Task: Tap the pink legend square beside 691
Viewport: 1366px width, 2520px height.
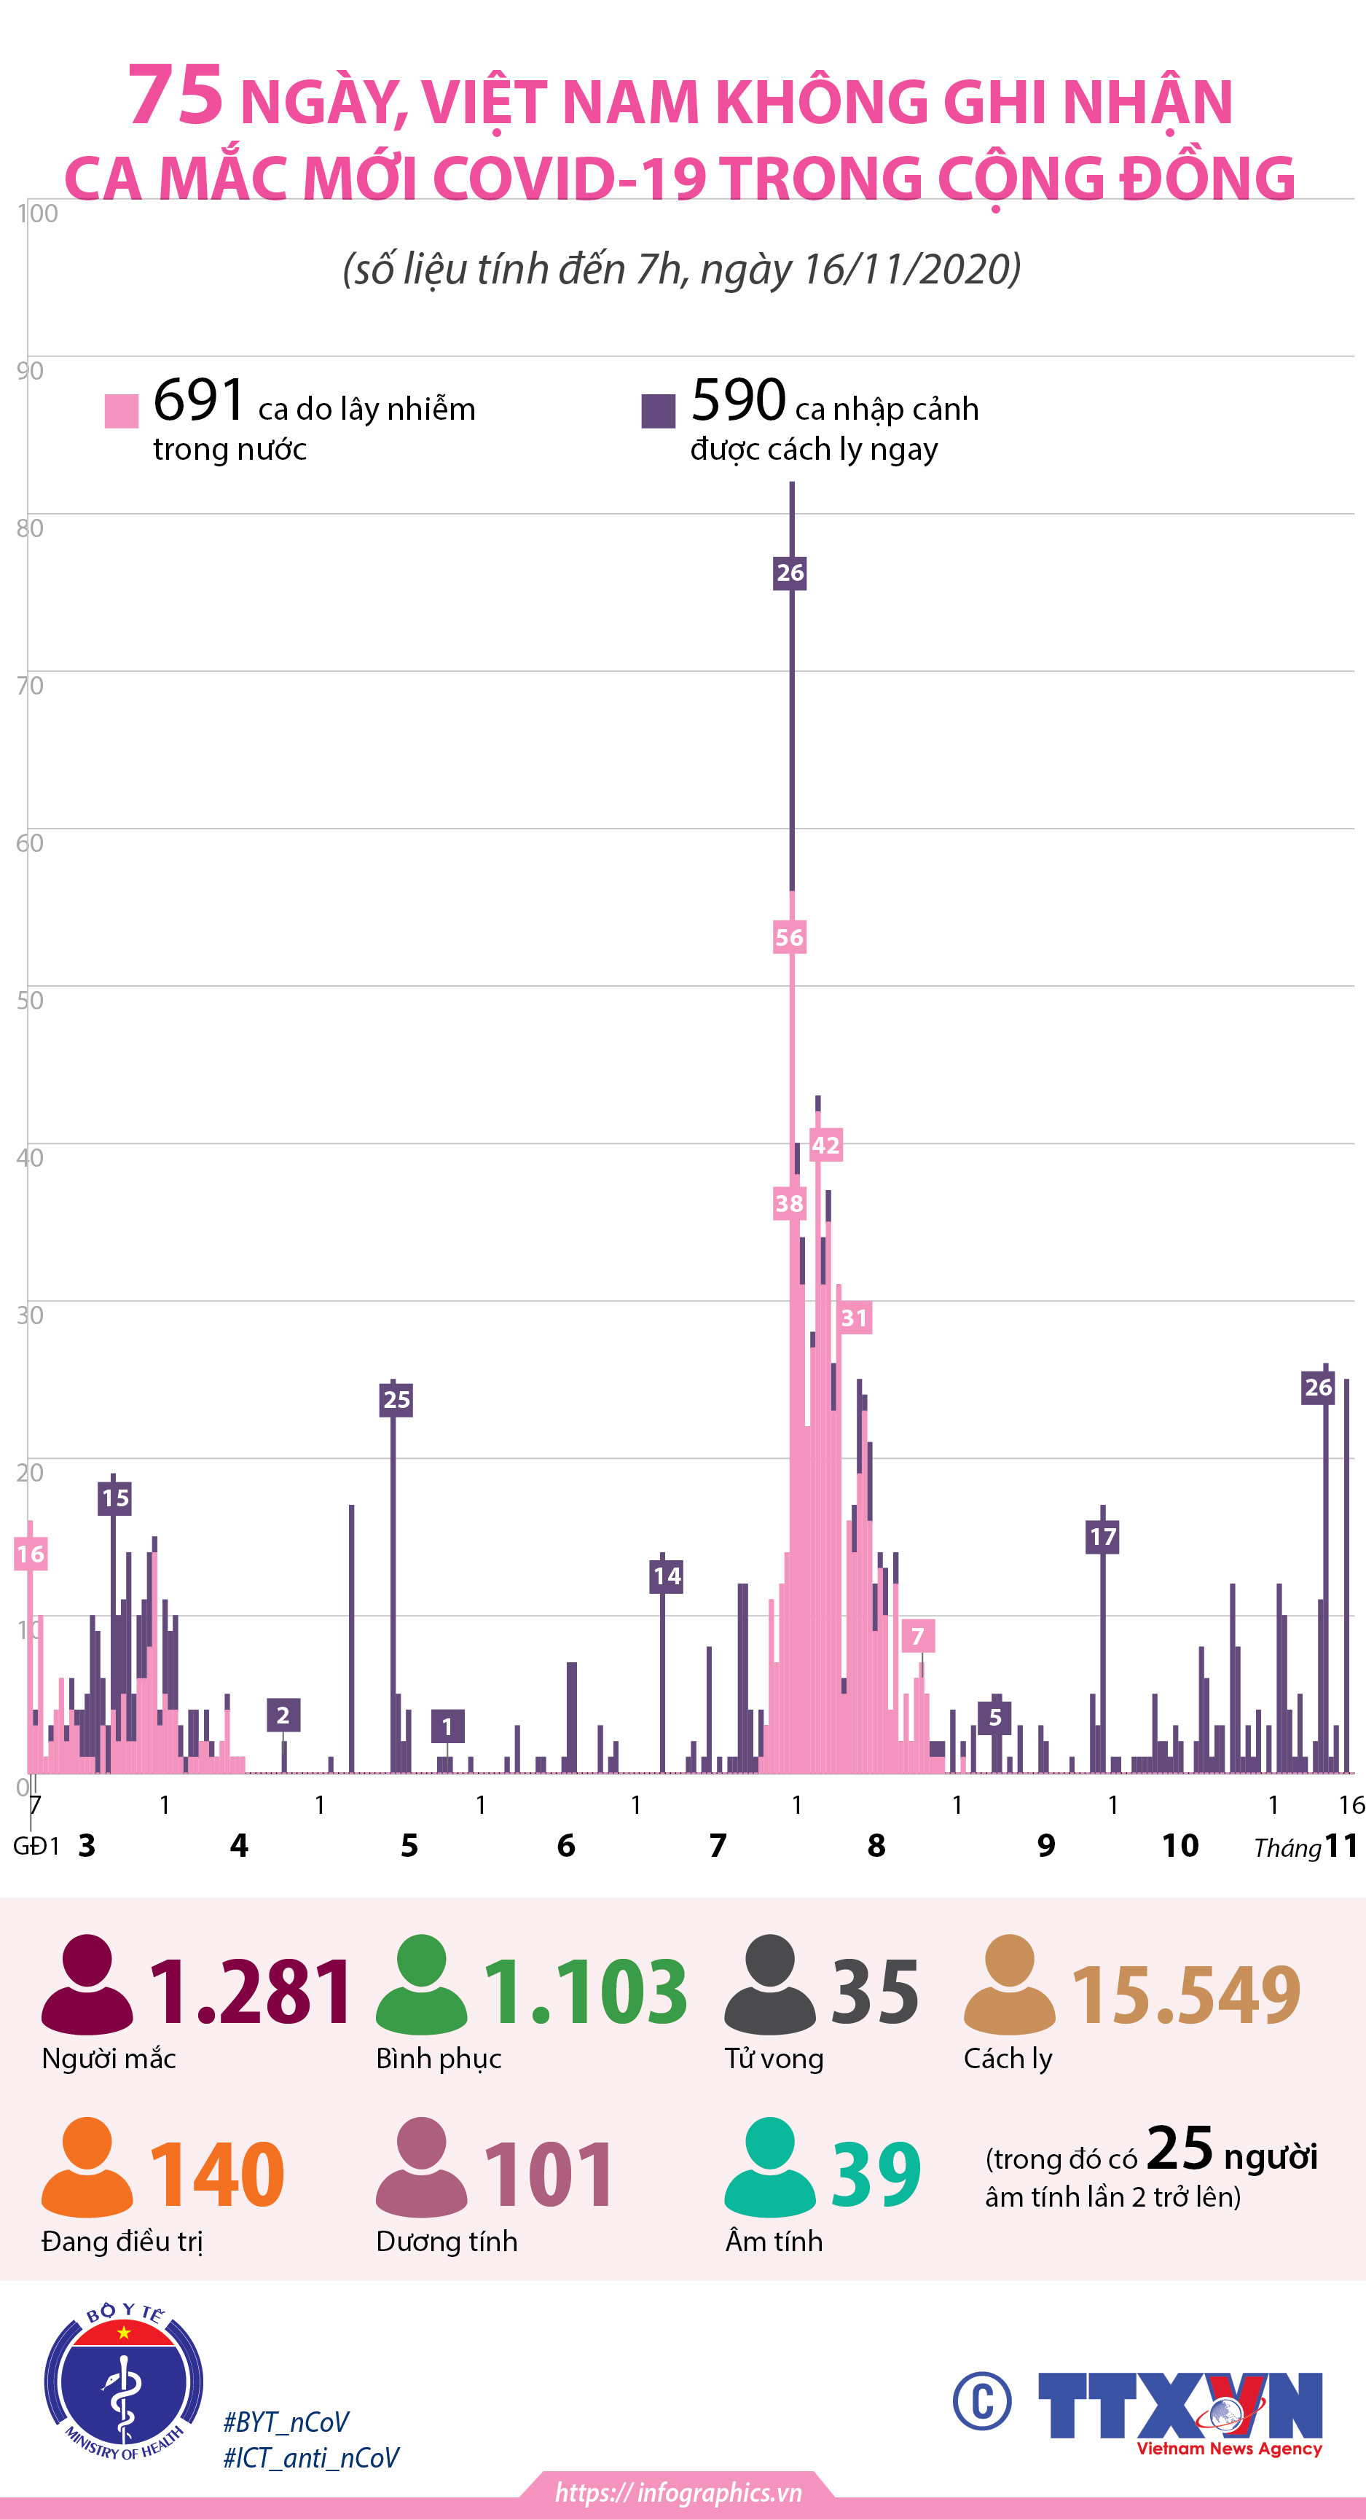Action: [x=121, y=411]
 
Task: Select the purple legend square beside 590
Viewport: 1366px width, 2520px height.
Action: [x=658, y=411]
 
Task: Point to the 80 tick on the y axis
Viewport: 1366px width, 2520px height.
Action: [x=29, y=528]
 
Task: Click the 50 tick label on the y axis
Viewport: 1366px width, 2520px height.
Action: [x=29, y=1000]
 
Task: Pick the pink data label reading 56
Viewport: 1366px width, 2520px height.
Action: [x=789, y=937]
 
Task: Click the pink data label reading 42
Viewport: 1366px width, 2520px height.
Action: [x=825, y=1145]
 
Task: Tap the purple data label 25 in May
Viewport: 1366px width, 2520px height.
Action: [x=396, y=1400]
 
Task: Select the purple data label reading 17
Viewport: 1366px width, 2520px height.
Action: [x=1102, y=1537]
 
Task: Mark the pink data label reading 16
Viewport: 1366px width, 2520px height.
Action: [x=31, y=1554]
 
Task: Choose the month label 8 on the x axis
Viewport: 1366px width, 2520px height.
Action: [x=876, y=1846]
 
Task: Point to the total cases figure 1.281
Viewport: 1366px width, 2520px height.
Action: [x=249, y=1992]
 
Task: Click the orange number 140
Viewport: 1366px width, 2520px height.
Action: [x=216, y=2175]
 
